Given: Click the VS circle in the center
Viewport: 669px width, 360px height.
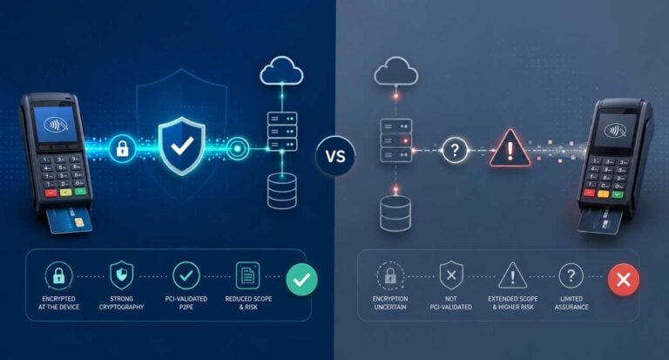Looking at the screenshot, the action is (x=335, y=155).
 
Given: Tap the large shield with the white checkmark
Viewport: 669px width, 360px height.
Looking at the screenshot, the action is (x=182, y=146).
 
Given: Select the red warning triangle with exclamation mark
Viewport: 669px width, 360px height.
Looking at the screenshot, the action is (x=510, y=148).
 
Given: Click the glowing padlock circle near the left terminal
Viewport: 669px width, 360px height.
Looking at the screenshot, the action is (x=123, y=148).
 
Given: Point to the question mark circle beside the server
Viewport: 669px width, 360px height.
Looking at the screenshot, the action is (x=455, y=150).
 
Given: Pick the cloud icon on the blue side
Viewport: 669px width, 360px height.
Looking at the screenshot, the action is (x=281, y=71).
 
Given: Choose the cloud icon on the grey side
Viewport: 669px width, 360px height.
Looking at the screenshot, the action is (x=396, y=71).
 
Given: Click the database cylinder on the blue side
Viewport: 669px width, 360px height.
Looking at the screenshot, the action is (x=282, y=191).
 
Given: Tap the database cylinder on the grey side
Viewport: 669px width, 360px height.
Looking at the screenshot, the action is (x=395, y=214).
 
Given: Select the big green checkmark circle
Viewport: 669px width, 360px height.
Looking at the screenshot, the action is (x=301, y=280).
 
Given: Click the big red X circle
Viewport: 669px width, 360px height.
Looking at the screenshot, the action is (x=624, y=280).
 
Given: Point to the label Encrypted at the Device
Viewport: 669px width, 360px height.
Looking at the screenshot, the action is (x=59, y=302).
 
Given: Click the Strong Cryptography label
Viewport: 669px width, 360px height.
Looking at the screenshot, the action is (x=122, y=302).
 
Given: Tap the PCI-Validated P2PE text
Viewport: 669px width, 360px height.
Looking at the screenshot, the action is (x=186, y=302).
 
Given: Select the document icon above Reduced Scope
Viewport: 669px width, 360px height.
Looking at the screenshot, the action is (x=248, y=275).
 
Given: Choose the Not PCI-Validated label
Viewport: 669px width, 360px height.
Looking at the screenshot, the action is (x=451, y=302).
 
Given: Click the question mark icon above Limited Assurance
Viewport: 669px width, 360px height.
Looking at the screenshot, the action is (x=571, y=275).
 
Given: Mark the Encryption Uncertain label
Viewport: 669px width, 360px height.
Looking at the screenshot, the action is (x=390, y=302).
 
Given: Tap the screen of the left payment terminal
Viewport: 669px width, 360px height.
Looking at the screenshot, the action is (x=56, y=125).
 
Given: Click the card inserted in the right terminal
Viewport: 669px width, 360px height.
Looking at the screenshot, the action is (x=598, y=221).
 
